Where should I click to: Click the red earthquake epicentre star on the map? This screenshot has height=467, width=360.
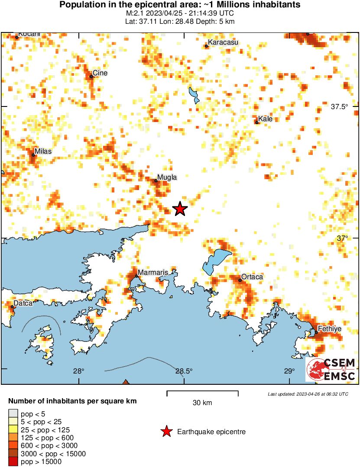click(x=180, y=209)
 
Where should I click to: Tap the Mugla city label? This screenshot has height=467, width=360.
click(x=167, y=177)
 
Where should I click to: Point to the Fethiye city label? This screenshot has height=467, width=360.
click(x=330, y=329)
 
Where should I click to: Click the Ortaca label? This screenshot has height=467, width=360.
click(x=252, y=277)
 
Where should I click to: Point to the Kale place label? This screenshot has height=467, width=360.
click(x=266, y=119)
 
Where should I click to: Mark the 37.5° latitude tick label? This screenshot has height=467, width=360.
click(x=339, y=107)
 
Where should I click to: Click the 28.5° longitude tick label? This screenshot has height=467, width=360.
click(x=184, y=371)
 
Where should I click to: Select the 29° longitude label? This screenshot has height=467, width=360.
click(x=289, y=371)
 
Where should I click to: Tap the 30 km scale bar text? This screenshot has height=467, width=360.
click(x=202, y=403)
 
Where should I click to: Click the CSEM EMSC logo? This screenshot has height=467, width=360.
click(x=331, y=370)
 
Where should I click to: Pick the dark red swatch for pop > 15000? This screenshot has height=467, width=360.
click(x=13, y=462)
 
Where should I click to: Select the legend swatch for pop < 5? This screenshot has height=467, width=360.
click(x=13, y=414)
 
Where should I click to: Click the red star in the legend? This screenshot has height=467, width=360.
click(x=166, y=432)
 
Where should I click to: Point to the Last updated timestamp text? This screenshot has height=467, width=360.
click(x=308, y=394)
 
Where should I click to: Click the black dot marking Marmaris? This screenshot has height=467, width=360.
click(x=136, y=276)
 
